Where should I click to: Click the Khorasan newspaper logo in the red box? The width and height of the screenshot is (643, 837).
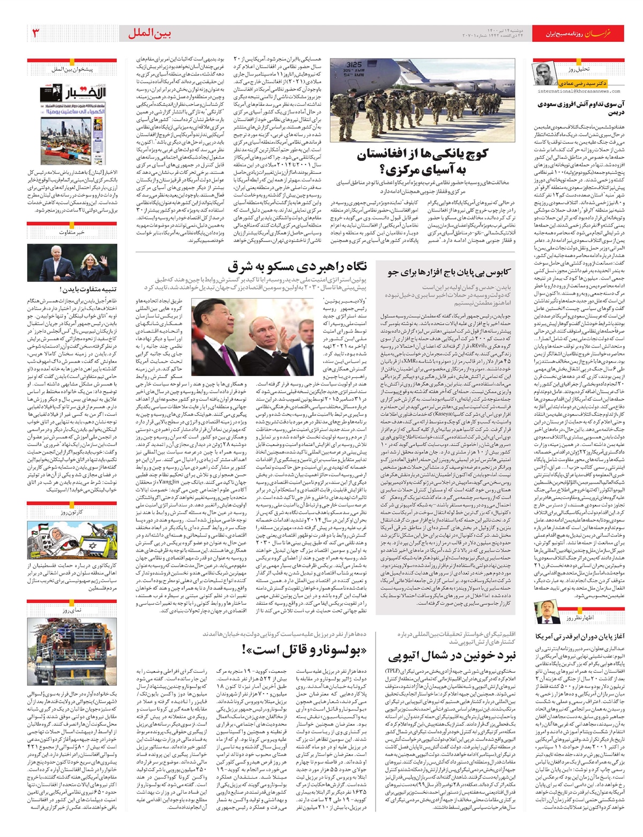[x=603, y=34]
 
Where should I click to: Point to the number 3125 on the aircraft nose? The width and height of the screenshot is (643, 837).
[x=354, y=64]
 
